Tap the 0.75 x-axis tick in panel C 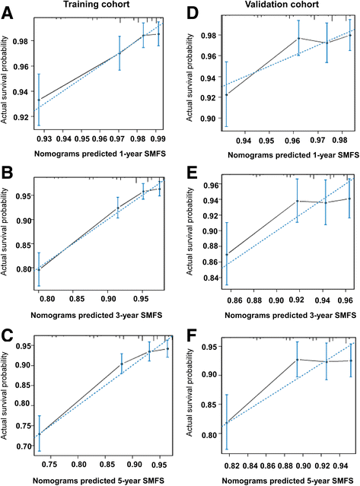50,463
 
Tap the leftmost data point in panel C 40,434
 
